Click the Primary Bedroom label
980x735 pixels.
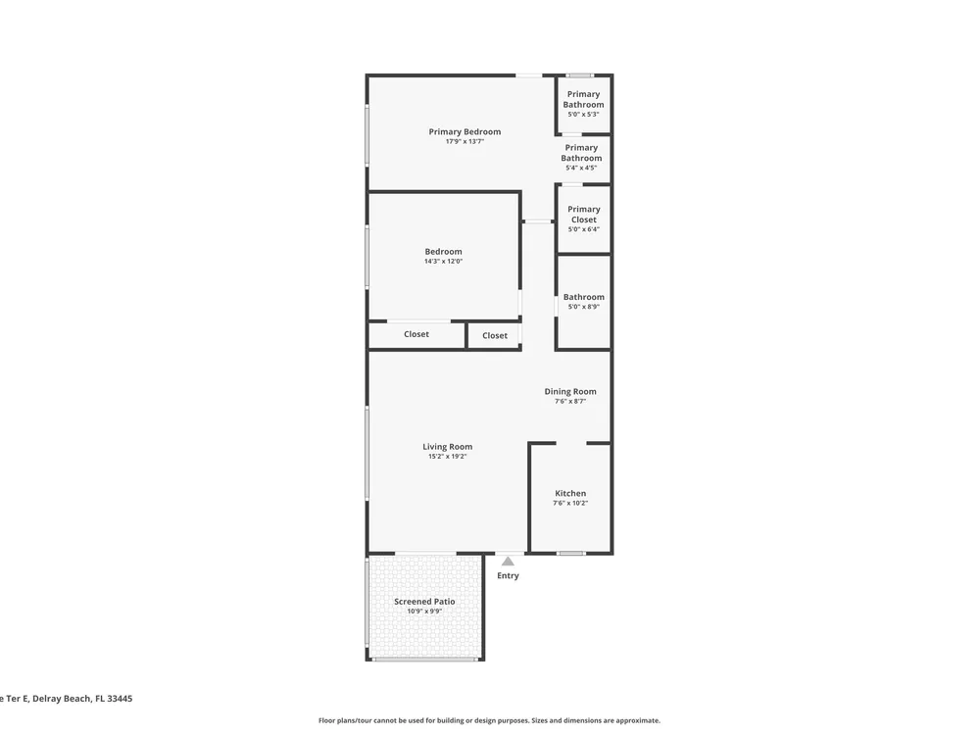tap(465, 132)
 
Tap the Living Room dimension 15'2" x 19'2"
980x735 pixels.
tap(448, 457)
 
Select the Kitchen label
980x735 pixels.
tap(570, 493)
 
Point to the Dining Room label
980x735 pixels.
tap(570, 392)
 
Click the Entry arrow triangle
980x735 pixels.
tap(508, 562)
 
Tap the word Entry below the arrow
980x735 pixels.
tap(508, 575)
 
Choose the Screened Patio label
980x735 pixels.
tap(424, 602)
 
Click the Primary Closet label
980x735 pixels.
tap(584, 215)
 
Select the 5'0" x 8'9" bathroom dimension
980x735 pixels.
tap(584, 307)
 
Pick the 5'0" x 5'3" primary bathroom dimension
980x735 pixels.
tap(583, 115)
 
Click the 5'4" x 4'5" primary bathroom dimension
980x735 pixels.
tap(581, 168)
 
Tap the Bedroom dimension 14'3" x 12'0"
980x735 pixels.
tap(444, 262)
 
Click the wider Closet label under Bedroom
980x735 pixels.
tap(416, 334)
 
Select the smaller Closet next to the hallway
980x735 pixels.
tap(495, 335)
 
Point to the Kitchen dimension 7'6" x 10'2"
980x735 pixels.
tap(570, 503)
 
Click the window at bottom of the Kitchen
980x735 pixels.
tap(571, 553)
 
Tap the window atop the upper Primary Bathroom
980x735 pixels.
tap(580, 75)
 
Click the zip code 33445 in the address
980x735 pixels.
tap(120, 699)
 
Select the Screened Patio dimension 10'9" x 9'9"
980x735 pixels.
tap(424, 612)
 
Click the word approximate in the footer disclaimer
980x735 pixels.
tap(638, 720)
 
